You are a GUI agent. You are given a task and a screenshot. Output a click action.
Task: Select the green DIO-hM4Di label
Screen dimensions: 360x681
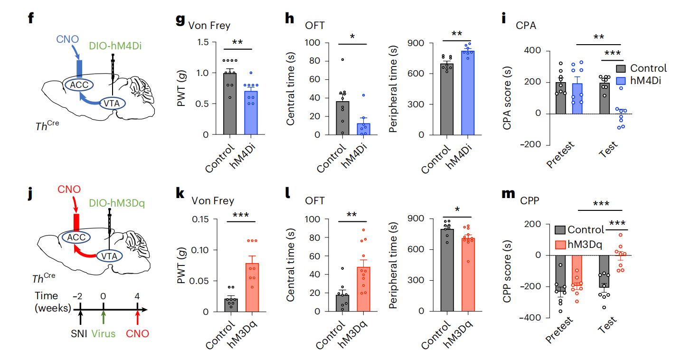click(x=115, y=46)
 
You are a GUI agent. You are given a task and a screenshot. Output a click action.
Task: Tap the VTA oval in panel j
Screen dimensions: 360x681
click(x=109, y=256)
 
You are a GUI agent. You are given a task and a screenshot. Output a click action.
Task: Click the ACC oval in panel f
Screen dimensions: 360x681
click(x=79, y=85)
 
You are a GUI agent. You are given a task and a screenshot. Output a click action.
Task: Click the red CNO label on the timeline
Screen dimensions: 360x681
click(x=138, y=333)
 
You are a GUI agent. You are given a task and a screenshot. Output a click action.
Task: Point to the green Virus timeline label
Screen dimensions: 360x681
click(x=104, y=333)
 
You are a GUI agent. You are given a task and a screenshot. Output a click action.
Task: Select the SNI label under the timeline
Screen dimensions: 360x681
click(x=80, y=333)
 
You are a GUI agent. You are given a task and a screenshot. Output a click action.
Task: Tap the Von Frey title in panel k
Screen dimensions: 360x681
click(x=212, y=201)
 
